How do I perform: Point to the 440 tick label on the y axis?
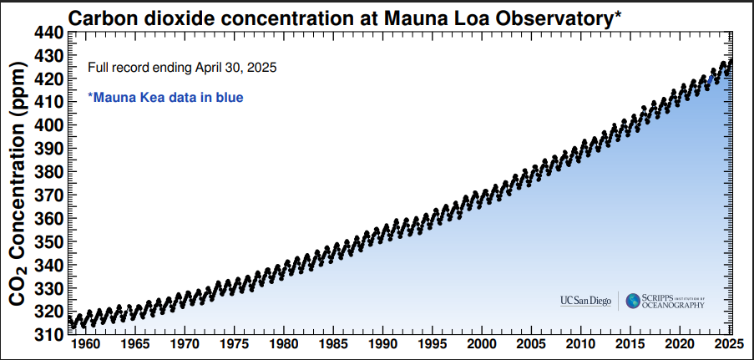48,33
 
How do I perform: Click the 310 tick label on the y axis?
48,333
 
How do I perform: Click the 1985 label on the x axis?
334,344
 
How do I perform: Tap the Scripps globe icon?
633,301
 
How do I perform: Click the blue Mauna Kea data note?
165,98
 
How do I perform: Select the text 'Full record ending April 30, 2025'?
182,67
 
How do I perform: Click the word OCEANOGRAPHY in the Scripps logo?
673,306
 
